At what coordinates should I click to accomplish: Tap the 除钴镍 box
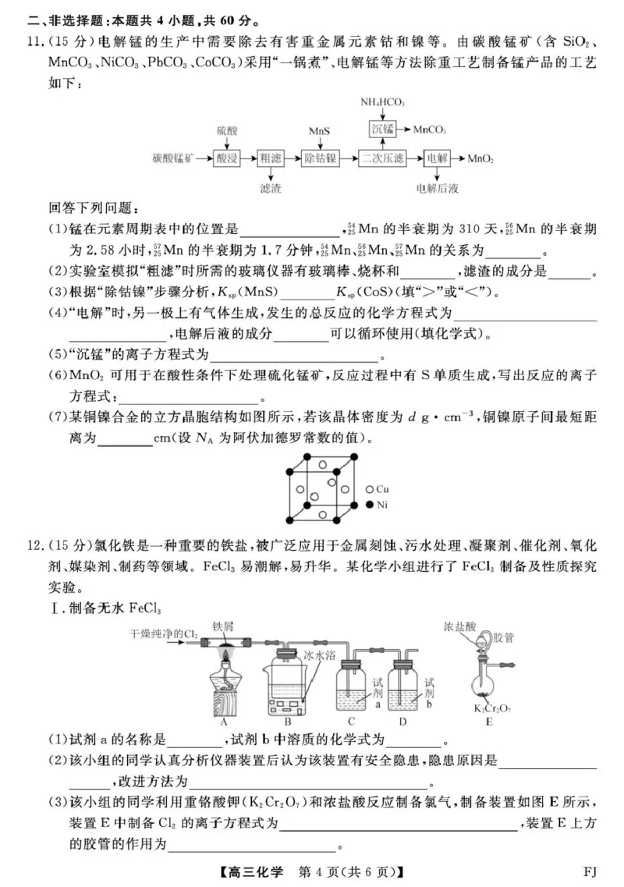tap(320, 158)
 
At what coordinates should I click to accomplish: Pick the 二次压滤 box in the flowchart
tap(382, 158)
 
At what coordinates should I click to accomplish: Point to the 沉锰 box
tap(382, 129)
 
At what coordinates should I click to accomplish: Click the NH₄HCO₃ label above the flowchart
tap(382, 102)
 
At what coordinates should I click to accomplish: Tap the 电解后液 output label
tap(437, 188)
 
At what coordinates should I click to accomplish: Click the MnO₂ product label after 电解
tap(480, 158)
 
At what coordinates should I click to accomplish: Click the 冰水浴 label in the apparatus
tap(320, 656)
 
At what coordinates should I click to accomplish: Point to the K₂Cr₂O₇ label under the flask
tap(489, 708)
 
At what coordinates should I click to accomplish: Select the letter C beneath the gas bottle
tap(352, 721)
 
